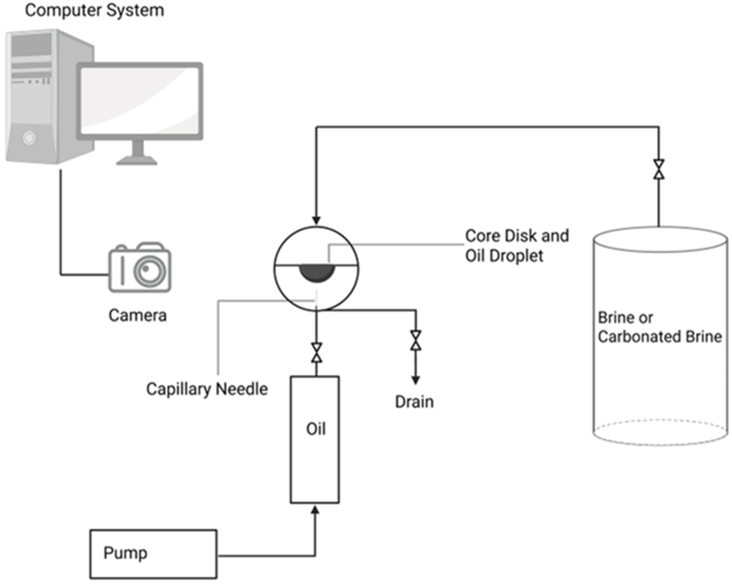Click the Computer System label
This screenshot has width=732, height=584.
(95, 10)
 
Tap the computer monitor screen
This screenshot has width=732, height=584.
(139, 101)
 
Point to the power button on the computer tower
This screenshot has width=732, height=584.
(29, 138)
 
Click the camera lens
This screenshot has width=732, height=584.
(150, 271)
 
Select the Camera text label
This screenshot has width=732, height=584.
(138, 315)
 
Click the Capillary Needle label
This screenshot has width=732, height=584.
(207, 389)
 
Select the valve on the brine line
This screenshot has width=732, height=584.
(659, 169)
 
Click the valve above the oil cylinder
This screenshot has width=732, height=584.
(316, 353)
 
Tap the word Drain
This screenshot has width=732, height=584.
(414, 402)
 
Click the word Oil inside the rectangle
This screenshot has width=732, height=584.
(316, 429)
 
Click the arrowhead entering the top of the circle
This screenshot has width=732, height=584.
(316, 220)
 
